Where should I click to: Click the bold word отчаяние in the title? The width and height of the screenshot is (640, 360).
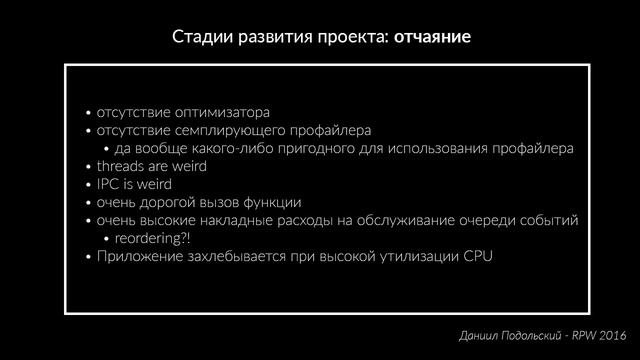click(432, 38)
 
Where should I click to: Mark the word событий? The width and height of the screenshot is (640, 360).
click(548, 220)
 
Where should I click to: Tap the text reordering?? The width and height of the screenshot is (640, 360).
click(152, 238)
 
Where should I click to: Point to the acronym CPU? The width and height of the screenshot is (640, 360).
click(478, 256)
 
